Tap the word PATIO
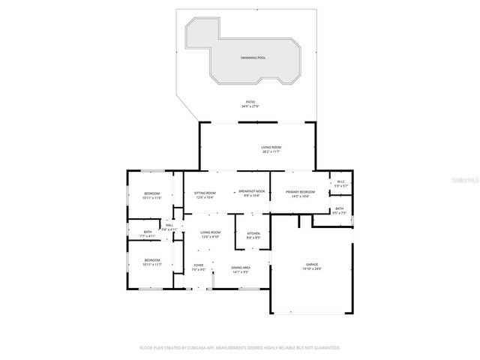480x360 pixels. (250, 101)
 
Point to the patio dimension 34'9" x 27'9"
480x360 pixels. (250, 106)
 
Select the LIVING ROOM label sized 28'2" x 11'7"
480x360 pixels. (271, 148)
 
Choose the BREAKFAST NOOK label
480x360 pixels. (252, 193)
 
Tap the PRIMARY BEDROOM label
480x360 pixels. (300, 193)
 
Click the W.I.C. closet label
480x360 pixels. (340, 181)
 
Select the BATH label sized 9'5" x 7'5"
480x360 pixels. (340, 209)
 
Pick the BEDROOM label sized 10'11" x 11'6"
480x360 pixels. (152, 194)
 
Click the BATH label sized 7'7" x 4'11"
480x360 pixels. (148, 232)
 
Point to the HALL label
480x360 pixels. (169, 225)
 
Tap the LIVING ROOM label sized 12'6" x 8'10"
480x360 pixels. (210, 232)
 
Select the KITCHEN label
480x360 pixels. (253, 233)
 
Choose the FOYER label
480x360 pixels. (199, 265)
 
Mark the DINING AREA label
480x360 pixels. (241, 268)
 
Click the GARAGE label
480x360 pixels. (312, 265)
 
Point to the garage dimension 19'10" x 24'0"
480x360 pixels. (312, 269)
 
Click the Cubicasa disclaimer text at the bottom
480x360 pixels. (240, 348)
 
